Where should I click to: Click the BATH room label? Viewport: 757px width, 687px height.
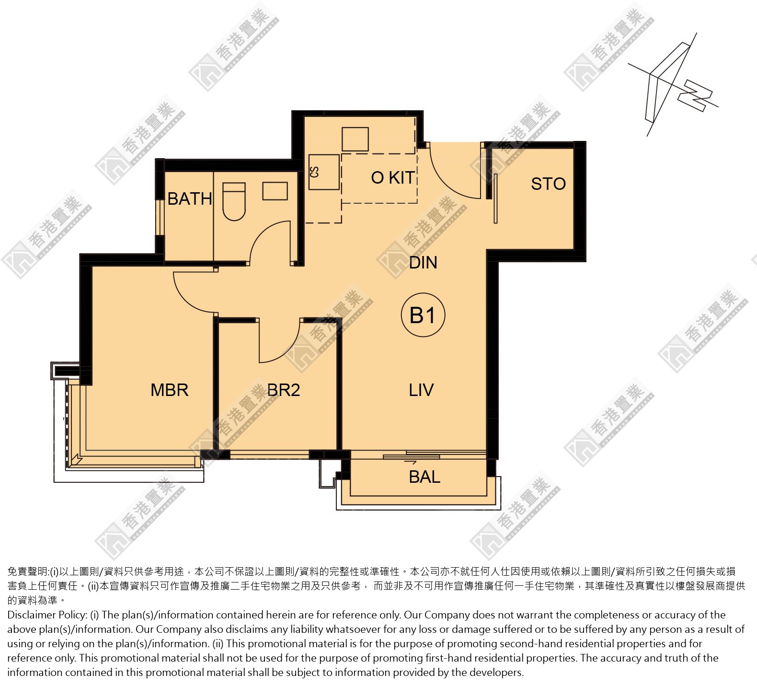190,198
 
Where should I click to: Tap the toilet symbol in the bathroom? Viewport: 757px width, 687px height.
234,201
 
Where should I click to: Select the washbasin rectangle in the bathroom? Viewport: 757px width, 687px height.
275,191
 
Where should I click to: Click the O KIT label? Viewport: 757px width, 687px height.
393,177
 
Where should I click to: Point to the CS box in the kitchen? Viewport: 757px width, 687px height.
324,172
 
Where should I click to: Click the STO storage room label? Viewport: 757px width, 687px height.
548,184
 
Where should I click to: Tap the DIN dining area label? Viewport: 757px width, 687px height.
423,263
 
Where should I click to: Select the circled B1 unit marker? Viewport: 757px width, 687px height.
423,315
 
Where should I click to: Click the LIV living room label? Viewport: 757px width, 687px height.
421,390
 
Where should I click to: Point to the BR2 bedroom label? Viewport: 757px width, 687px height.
284,390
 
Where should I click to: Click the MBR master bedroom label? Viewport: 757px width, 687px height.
169,390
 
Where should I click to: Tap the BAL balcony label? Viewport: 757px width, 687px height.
424,477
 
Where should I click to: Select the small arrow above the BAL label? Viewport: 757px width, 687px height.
411,463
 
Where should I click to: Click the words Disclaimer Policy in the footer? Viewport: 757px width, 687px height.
46,615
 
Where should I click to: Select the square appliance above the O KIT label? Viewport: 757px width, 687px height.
355,139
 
